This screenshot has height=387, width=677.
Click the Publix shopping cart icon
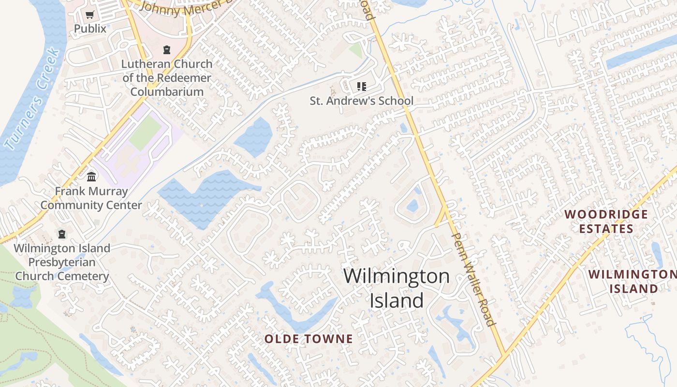[89, 15]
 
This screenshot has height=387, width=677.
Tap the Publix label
[90, 29]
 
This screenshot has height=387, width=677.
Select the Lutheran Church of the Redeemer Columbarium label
[167, 77]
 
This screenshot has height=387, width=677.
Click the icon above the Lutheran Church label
[167, 49]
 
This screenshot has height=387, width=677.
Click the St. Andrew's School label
[361, 101]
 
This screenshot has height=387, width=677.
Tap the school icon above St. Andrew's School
[361, 87]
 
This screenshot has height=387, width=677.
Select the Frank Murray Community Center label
[91, 198]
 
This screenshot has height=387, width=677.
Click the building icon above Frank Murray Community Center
[91, 177]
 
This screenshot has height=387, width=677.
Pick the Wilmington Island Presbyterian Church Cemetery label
[62, 262]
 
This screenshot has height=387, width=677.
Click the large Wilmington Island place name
[397, 288]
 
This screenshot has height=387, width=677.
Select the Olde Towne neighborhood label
[309, 339]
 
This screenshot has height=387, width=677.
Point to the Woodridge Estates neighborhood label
[606, 221]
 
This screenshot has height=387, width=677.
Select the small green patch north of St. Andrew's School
[356, 50]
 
